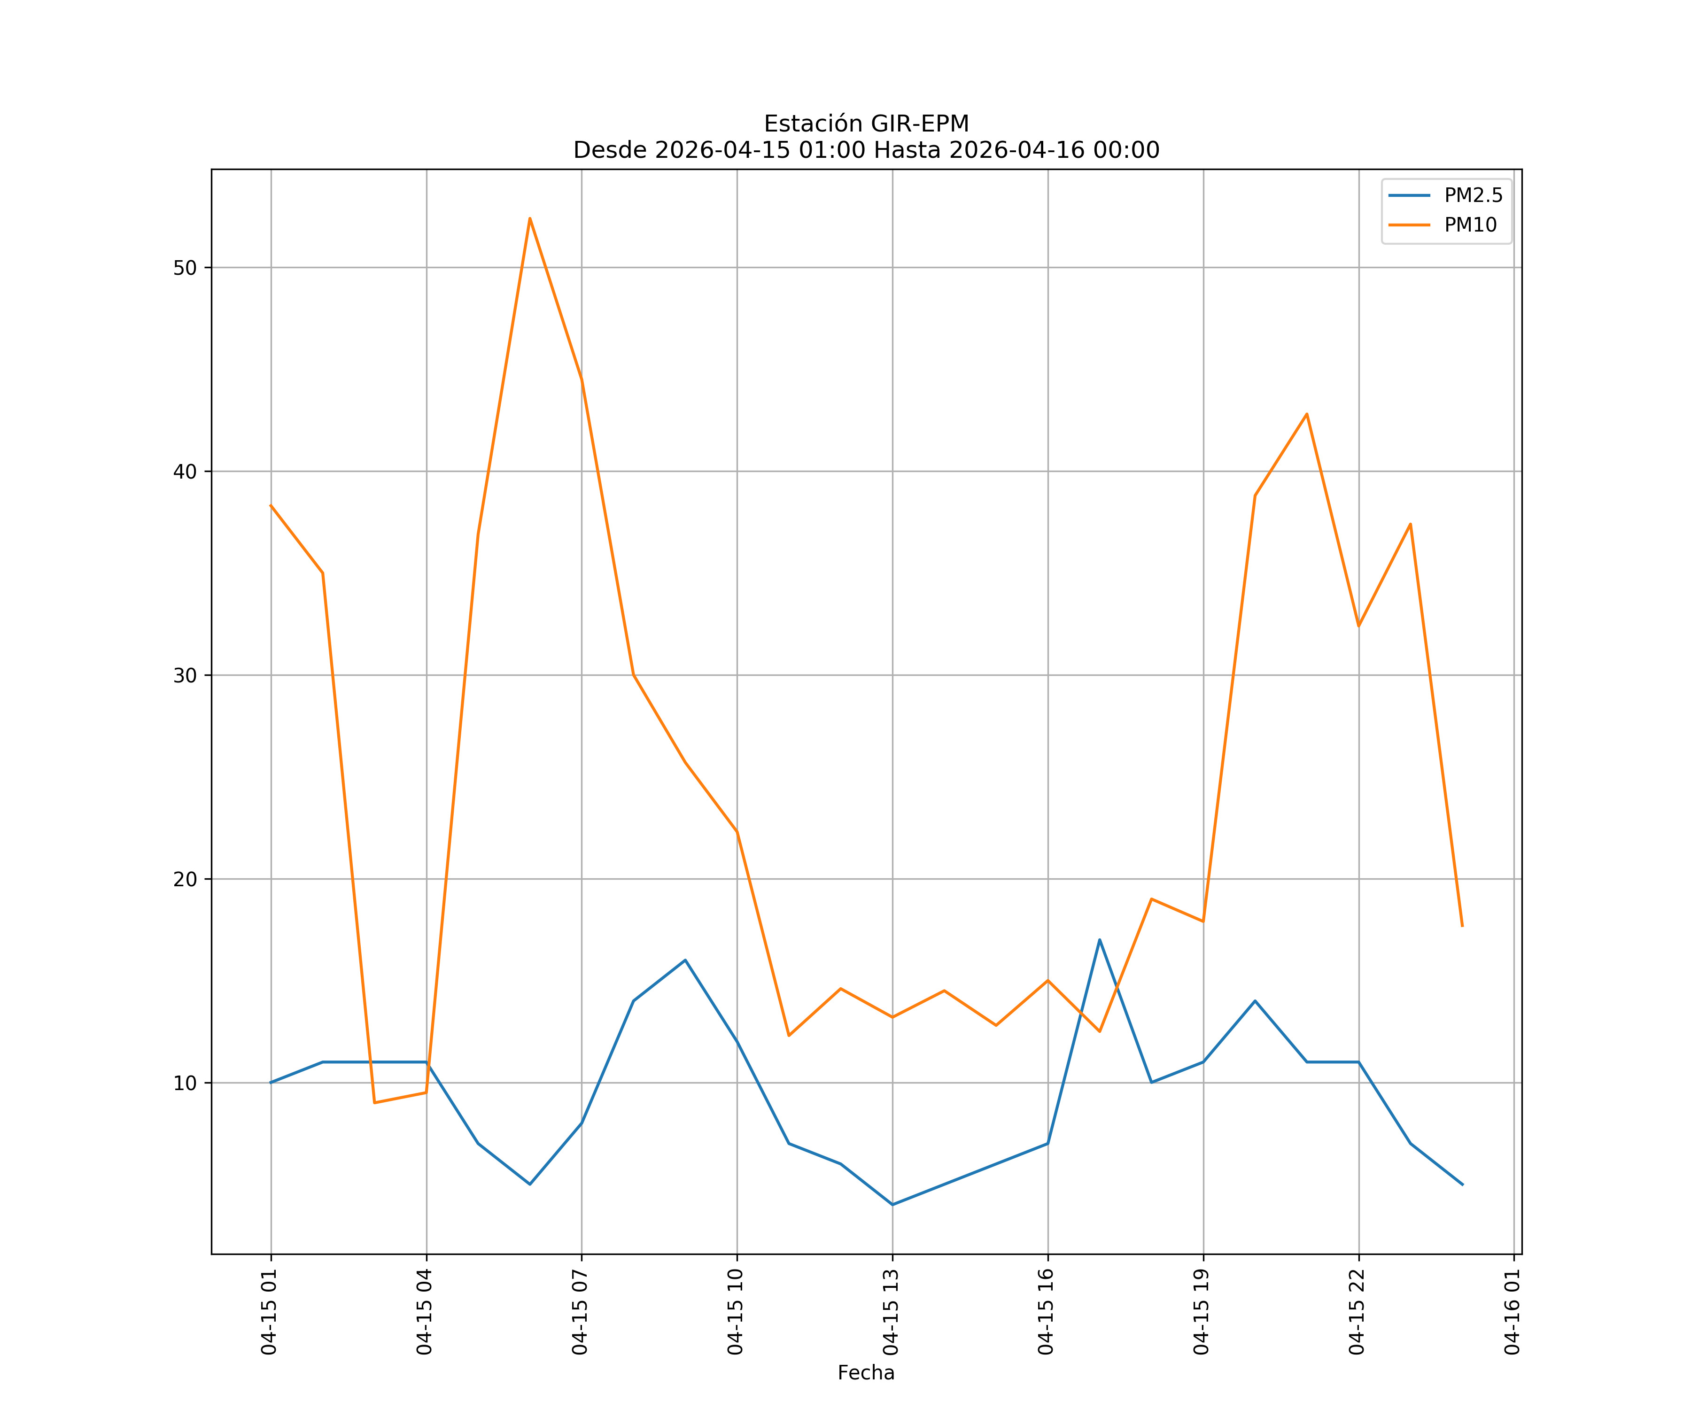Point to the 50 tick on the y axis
coord(185,268)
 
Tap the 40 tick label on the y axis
coord(185,472)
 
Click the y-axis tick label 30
coord(185,675)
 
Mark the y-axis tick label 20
coord(185,879)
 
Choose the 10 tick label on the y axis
coord(185,1083)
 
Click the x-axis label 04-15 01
coord(270,1312)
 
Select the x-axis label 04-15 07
coord(581,1312)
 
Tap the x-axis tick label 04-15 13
coord(892,1312)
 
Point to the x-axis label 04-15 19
coord(1202,1312)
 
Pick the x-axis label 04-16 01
coord(1513,1312)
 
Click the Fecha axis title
coord(866,1373)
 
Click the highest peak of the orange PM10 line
coord(530,218)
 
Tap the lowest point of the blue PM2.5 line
coord(892,1205)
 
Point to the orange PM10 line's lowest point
coord(374,1102)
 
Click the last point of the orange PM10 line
coord(1462,926)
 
